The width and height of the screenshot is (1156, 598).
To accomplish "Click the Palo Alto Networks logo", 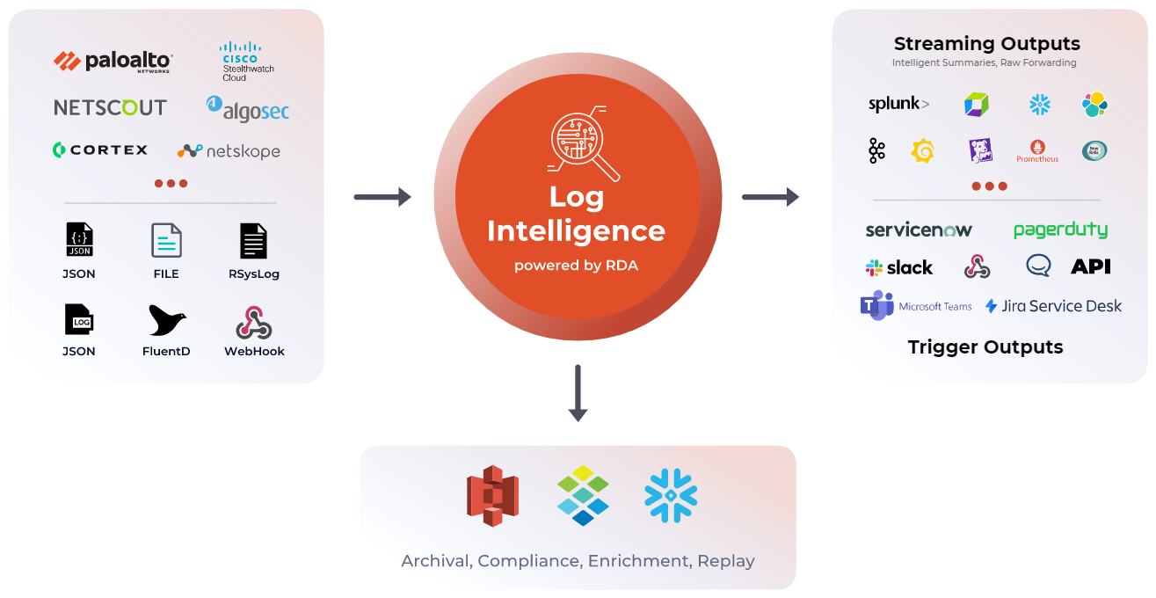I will point(112,62).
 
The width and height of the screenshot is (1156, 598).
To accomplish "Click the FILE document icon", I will point(166,240).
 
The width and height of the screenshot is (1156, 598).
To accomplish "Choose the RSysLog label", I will point(253,273).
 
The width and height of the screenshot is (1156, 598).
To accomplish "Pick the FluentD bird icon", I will point(166,321).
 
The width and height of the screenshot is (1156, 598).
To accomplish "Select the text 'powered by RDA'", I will point(577,265).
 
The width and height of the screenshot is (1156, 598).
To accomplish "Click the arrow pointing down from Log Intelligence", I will point(578,392).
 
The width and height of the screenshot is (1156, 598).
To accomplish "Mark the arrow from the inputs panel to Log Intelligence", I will point(382,197).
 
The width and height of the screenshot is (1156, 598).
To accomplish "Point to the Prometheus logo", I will point(1037,150).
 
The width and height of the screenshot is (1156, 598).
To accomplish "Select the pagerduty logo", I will point(1059,230).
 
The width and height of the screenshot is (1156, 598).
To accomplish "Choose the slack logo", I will point(898,267).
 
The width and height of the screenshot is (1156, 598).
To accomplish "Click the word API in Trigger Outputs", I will point(1090,266).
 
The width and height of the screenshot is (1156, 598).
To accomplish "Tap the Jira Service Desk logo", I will point(1053,306).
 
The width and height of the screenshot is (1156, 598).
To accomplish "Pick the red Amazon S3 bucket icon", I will point(491,496).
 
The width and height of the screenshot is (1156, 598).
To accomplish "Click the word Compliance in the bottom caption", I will point(528,560).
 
